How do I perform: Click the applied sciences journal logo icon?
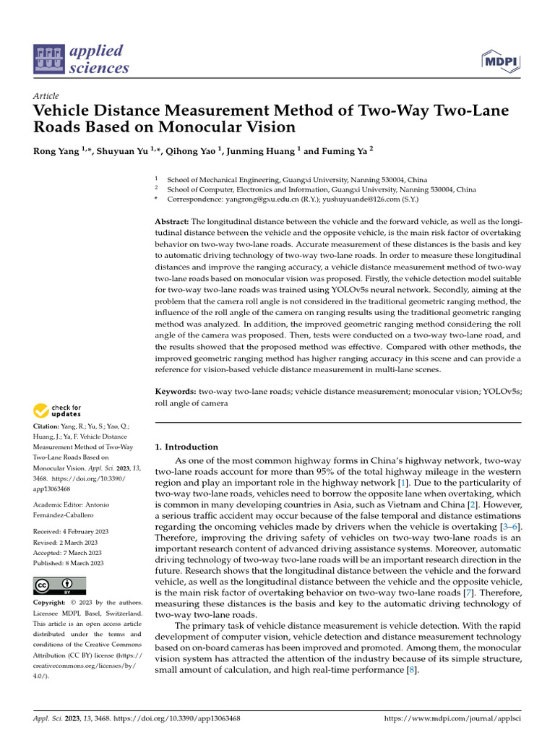[x=48, y=60]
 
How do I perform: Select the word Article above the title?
[x=46, y=96]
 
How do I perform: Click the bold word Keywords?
[x=176, y=391]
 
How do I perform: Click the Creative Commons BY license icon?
[x=59, y=585]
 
